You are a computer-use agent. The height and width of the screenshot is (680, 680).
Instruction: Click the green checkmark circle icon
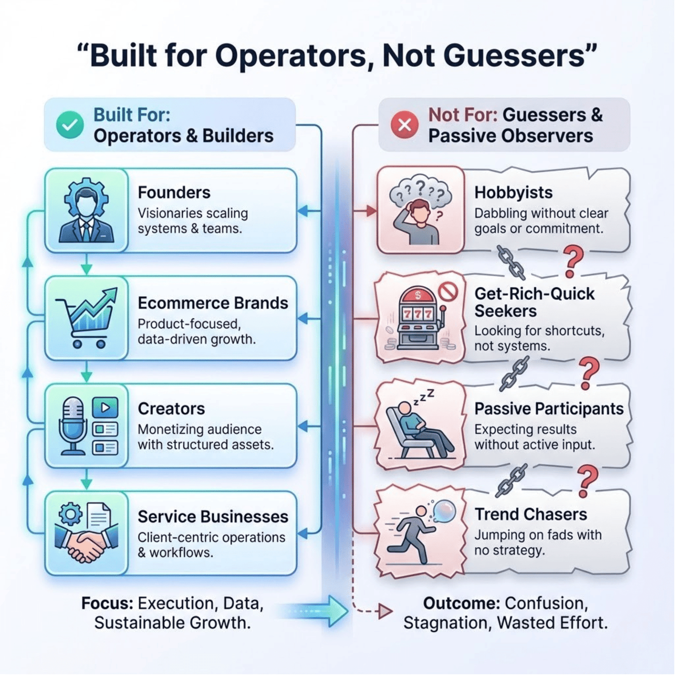[x=70, y=125]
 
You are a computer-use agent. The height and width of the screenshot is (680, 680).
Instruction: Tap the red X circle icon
[x=405, y=125]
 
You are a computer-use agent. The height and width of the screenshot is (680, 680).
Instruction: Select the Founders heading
[x=174, y=193]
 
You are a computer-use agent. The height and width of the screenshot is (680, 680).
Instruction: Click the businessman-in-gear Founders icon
[x=86, y=210]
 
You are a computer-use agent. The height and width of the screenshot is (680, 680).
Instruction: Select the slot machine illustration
[x=418, y=319]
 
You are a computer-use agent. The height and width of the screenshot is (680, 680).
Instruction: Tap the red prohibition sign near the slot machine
[x=448, y=292]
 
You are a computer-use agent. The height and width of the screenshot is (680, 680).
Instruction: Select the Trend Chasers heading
[x=530, y=514]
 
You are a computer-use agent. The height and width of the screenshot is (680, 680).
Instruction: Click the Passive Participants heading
[x=549, y=408]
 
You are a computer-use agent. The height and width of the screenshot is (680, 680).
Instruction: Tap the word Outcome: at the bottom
[x=462, y=603]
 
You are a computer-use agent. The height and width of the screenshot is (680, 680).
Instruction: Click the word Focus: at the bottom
[x=107, y=603]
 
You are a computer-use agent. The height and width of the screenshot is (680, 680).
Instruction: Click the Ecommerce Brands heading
[x=212, y=303]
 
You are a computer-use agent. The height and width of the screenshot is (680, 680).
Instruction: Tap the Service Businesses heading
[x=212, y=516]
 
